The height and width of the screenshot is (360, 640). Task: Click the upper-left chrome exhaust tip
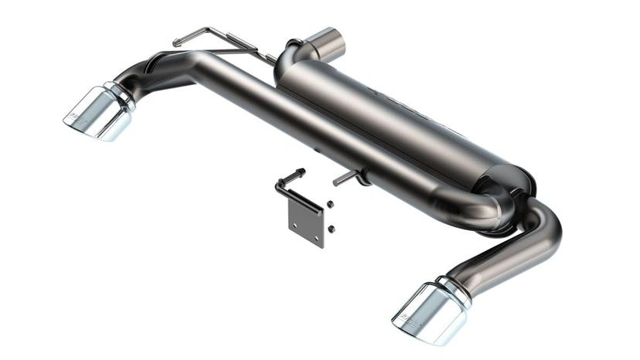tap(97, 114)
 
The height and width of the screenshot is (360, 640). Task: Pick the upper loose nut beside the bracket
tap(330, 205)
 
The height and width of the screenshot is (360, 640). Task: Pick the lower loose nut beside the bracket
tap(331, 228)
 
